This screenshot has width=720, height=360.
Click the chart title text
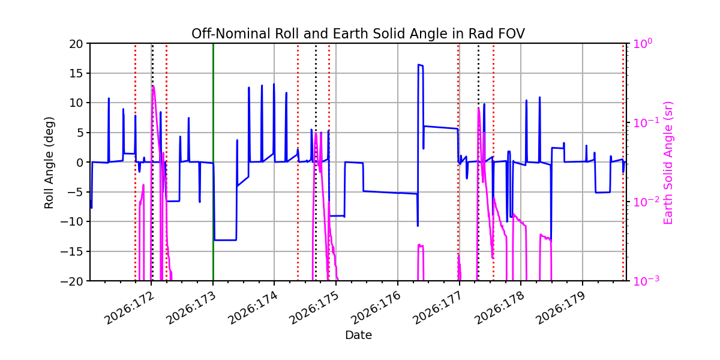pos(358,34)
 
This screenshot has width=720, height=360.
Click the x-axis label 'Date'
pos(358,335)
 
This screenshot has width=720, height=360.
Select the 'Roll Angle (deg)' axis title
pos(49,163)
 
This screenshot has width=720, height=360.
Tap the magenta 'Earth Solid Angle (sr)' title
pos(668,163)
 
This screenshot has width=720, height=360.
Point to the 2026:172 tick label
pos(129,308)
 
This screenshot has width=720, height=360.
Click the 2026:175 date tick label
pos(314,308)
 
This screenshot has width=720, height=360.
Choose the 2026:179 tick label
pos(560,308)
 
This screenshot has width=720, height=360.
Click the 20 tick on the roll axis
pos(76,44)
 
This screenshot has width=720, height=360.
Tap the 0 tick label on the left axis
pos(80,163)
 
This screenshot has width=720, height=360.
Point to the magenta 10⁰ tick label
pos(643,43)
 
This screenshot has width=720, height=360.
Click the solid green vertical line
pos(213,162)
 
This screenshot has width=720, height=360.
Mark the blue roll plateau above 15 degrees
pos(421,65)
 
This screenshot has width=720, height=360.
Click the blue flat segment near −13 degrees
pos(226,240)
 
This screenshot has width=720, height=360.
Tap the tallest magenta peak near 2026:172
pos(154,86)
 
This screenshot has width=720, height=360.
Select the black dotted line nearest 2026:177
pos(478,162)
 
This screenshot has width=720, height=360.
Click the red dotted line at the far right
pos(623,162)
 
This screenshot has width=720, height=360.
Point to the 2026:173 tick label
pos(191,308)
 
